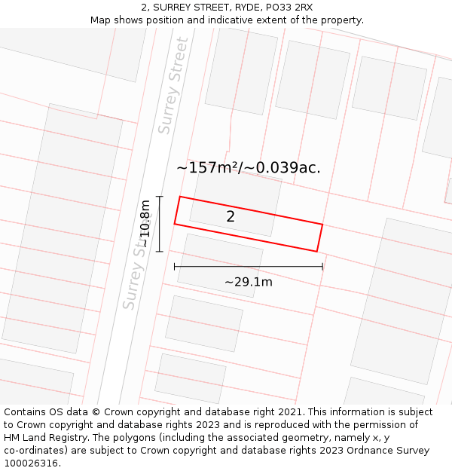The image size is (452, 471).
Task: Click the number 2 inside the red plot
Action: [231, 217]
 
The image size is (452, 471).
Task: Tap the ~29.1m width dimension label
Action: [248, 282]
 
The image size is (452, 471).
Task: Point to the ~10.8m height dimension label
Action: [145, 223]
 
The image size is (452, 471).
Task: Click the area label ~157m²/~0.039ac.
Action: [248, 167]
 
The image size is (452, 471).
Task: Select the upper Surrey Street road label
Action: [173, 86]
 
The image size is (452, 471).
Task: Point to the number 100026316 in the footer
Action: [30, 463]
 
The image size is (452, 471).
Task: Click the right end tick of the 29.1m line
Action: [322, 266]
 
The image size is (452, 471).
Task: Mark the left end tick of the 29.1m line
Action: [175, 266]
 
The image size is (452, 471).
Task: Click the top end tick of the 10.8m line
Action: [160, 197]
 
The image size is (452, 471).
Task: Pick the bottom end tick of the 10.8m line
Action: [160, 251]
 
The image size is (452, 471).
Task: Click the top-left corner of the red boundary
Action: [179, 197]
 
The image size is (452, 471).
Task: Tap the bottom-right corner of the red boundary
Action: [317, 252]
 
